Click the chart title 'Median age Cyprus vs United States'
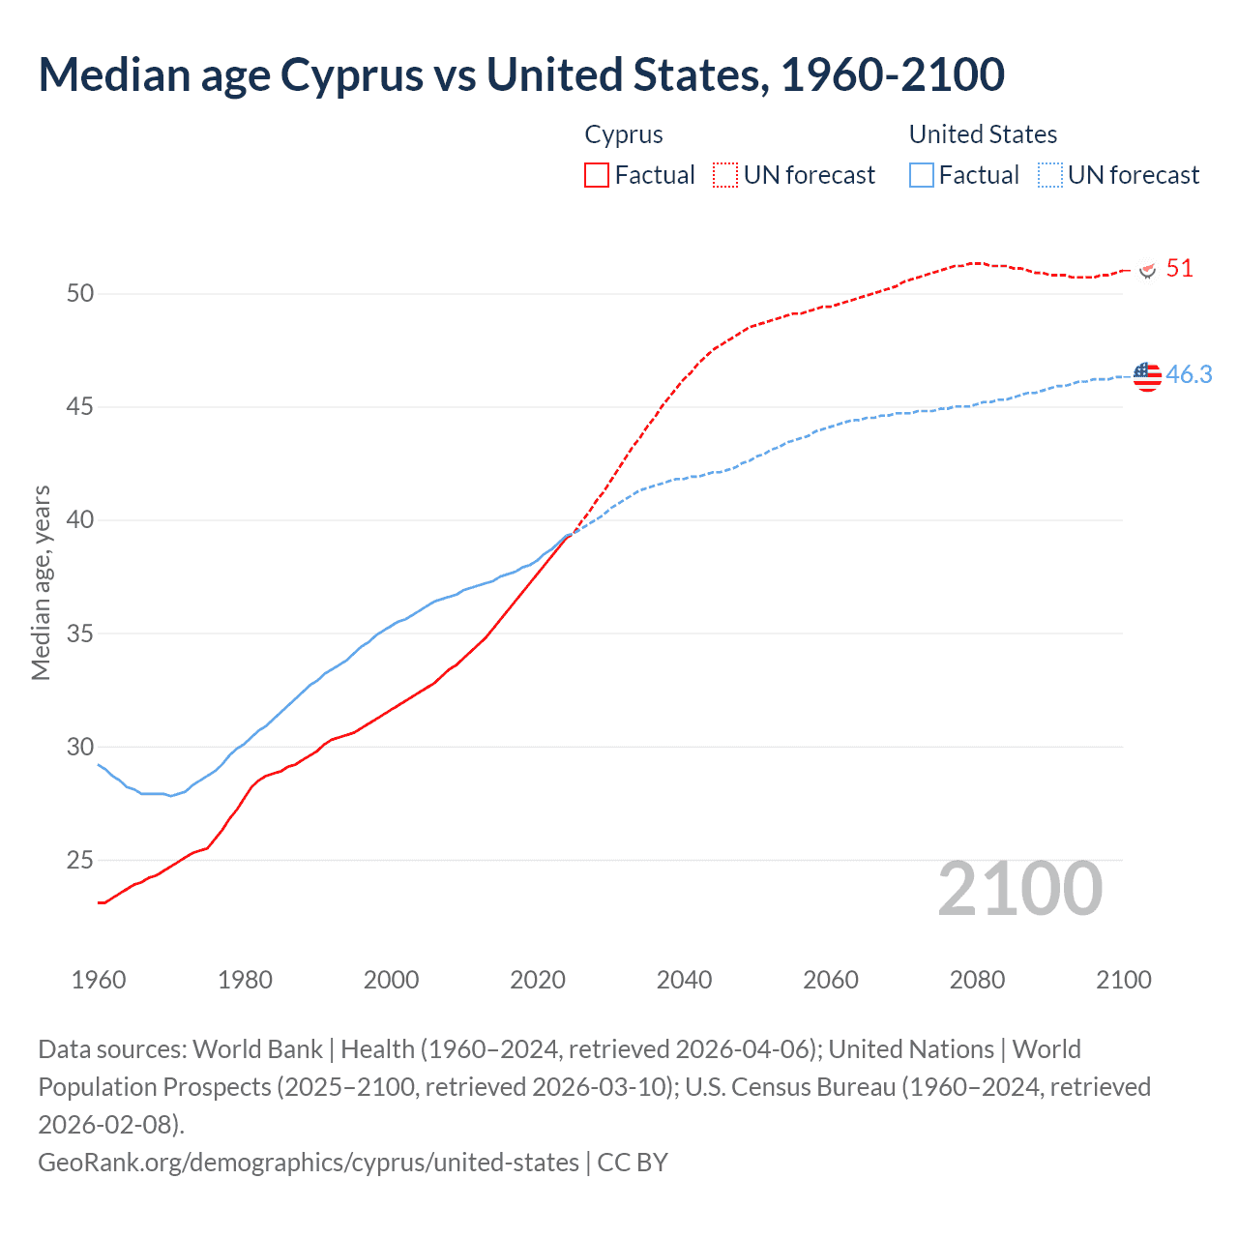(x=521, y=75)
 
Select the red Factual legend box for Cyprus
(x=597, y=175)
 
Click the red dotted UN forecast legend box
(x=725, y=175)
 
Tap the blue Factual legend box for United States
(x=922, y=175)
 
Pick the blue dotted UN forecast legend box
(x=1049, y=175)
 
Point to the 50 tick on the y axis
(x=80, y=293)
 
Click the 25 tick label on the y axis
(x=80, y=860)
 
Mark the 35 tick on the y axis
(x=80, y=634)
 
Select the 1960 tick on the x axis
(x=99, y=980)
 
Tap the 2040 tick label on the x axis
(x=684, y=980)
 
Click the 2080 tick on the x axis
(x=977, y=980)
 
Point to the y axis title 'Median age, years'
(x=41, y=583)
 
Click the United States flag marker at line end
(x=1147, y=376)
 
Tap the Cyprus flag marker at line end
(x=1148, y=270)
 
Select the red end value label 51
(x=1179, y=269)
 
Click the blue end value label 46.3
(x=1189, y=374)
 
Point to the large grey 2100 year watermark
(x=1019, y=889)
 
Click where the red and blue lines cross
(x=569, y=534)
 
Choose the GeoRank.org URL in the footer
(x=308, y=1162)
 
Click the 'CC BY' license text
(x=633, y=1162)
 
